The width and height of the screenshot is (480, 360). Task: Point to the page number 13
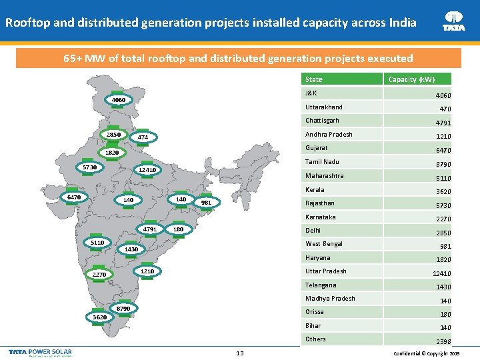pos(239,353)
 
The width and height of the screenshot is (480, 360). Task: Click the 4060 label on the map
pos(119,101)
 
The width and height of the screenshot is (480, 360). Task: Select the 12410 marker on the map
pos(147,170)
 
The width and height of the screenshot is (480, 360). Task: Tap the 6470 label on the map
pos(71,197)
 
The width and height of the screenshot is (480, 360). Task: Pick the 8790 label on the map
pos(123,309)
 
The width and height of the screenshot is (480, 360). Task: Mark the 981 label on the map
pos(206,203)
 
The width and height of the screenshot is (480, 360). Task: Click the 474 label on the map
pos(143,138)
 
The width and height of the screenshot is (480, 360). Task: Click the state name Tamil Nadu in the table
pos(322,162)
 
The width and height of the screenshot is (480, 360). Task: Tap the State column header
pos(313,79)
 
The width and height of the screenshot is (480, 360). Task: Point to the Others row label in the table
pos(315,339)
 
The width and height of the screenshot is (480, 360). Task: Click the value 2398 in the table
pos(443,341)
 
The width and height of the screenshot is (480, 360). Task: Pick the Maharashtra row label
pos(324,176)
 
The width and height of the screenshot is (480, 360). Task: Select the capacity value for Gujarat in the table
pos(443,151)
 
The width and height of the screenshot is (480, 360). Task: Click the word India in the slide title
pos(401,23)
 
